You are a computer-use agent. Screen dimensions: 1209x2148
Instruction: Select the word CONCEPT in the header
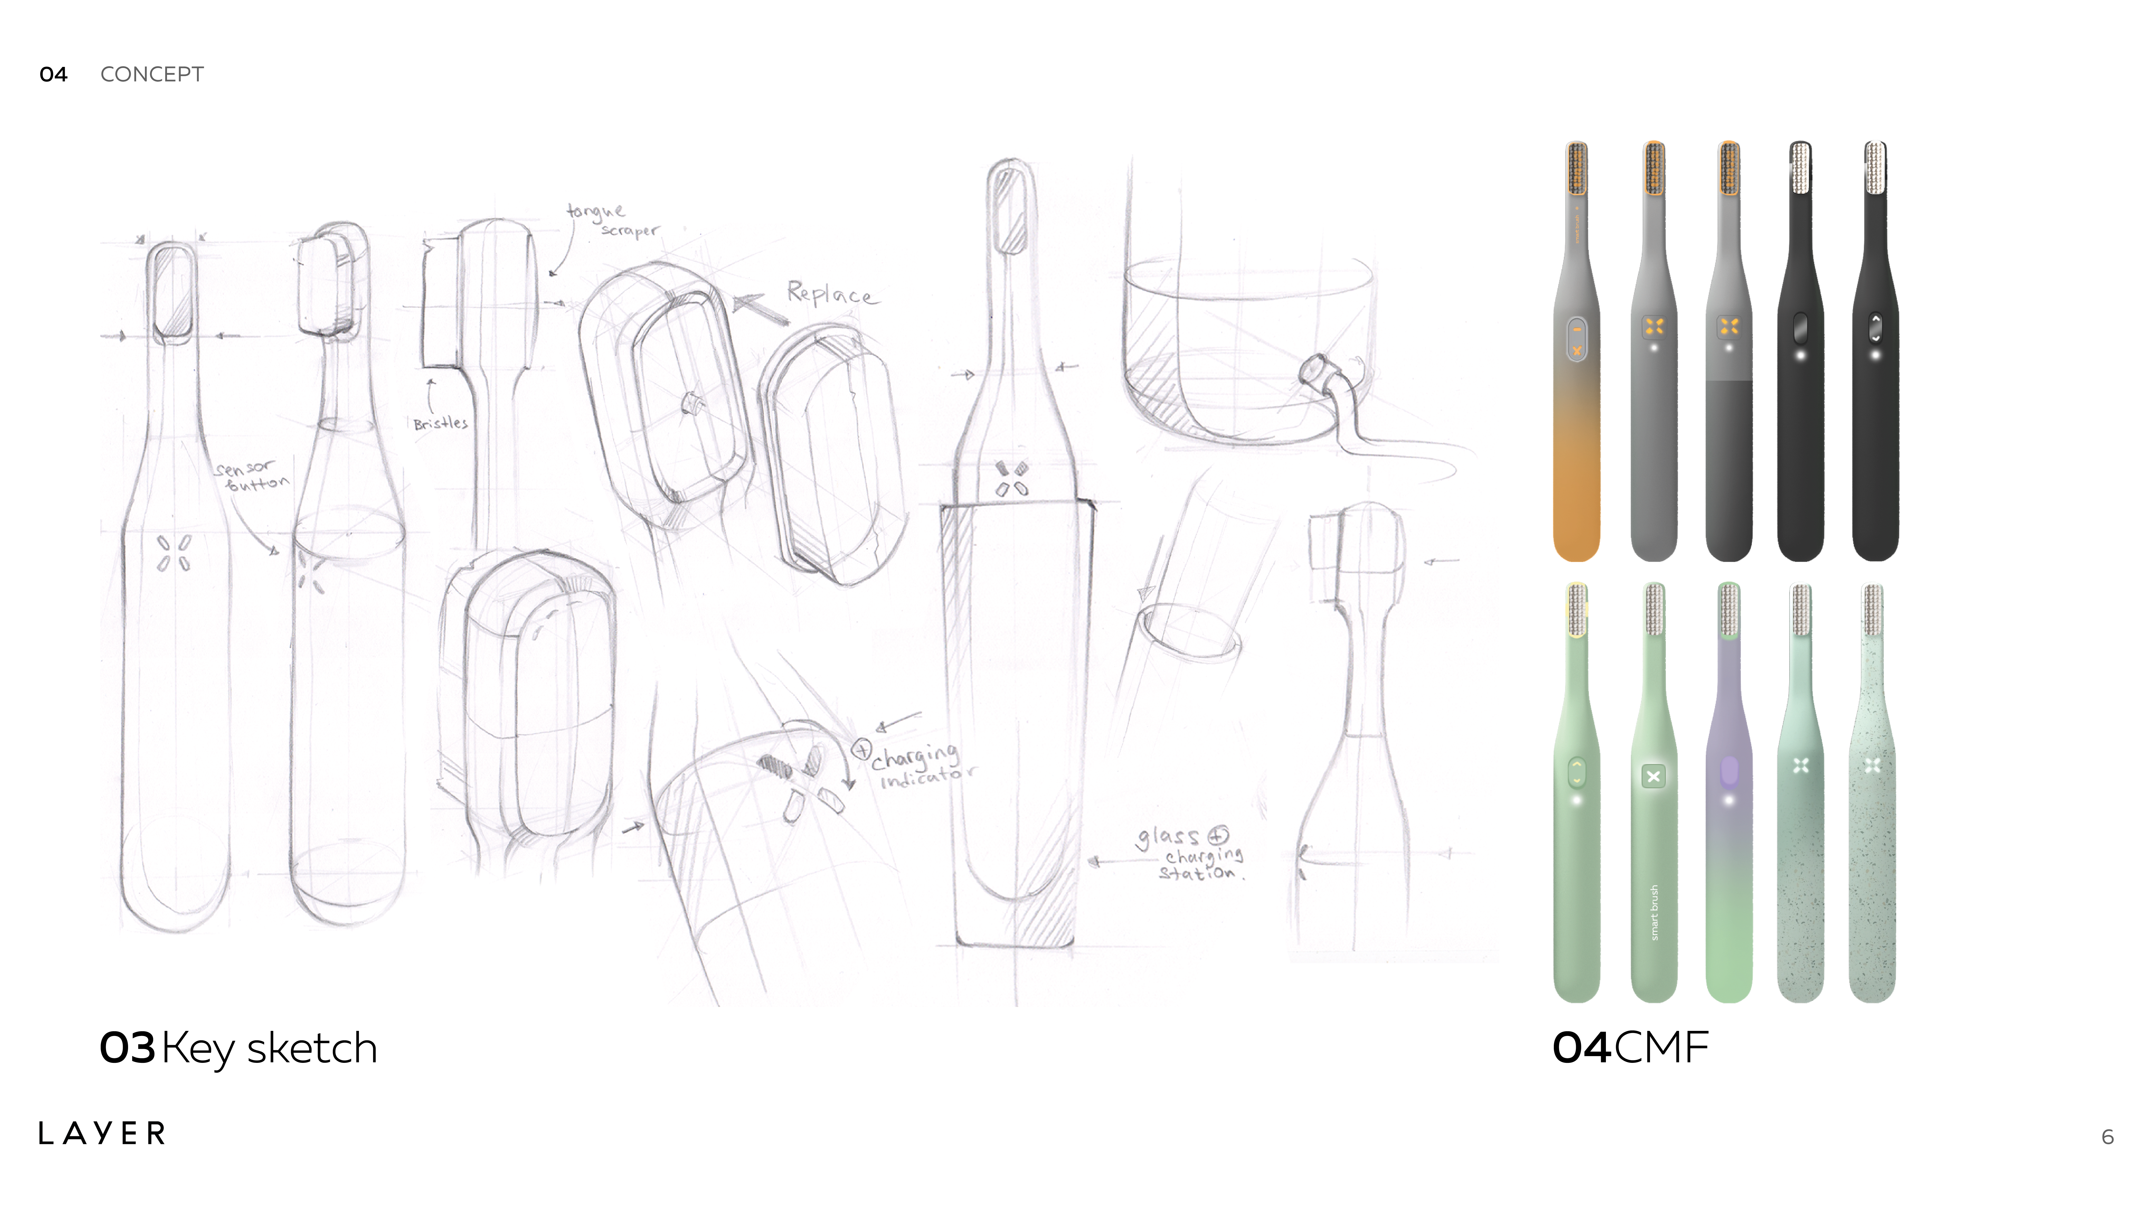pyautogui.click(x=152, y=74)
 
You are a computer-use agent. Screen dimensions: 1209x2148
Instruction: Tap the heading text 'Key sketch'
pyautogui.click(x=268, y=1048)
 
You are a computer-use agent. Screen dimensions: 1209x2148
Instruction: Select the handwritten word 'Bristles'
pyautogui.click(x=440, y=423)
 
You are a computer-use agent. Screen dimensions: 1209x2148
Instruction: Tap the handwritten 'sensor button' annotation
pyautogui.click(x=250, y=476)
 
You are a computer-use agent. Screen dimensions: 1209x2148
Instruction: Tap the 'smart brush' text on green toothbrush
pyautogui.click(x=1654, y=912)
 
